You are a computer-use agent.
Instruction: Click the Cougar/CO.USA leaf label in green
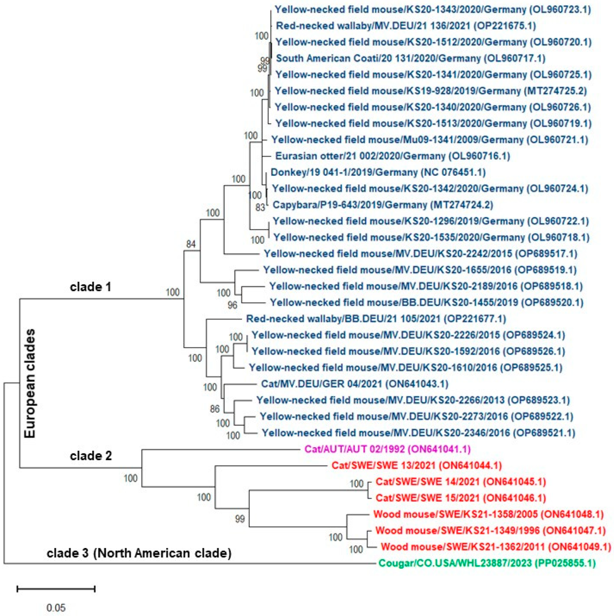pos(487,563)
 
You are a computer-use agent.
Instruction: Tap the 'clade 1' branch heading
pos(90,287)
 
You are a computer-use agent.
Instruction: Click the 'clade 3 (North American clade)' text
pos(139,553)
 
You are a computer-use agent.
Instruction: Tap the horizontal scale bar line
pos(56,588)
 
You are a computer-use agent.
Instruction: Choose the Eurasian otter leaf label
pos(393,156)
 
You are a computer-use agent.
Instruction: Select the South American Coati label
pos(411,58)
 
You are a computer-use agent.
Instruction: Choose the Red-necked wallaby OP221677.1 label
pos(376,318)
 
